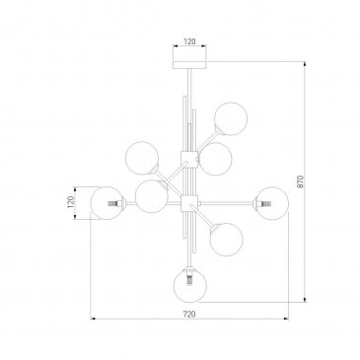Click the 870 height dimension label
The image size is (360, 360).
coord(301,181)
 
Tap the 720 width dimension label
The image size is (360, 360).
coord(189,314)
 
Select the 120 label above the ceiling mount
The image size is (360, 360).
coord(189,41)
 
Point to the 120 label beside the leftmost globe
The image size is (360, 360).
coord(70,202)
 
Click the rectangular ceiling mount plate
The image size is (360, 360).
coord(189,65)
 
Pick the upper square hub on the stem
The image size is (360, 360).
coord(189,159)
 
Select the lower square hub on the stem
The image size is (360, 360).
coord(190,202)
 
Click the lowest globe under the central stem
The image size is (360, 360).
coord(190,286)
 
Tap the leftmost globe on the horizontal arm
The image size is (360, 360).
coord(108,203)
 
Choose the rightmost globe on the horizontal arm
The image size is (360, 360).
coord(272,203)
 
